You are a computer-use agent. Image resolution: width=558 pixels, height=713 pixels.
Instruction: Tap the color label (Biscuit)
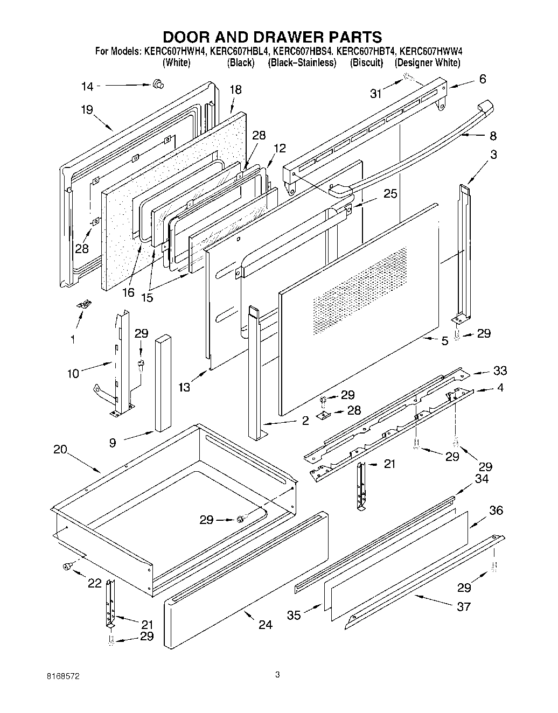[366, 63]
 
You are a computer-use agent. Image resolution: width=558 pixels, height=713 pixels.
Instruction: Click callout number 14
[87, 87]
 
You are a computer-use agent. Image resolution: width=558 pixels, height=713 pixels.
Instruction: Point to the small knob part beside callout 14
[158, 83]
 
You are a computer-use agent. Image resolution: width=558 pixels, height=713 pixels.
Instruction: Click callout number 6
[482, 79]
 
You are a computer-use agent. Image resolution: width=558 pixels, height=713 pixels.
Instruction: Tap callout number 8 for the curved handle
[493, 136]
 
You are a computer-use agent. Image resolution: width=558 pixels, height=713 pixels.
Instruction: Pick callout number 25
[390, 193]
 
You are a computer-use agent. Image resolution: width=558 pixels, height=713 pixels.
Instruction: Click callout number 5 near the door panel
[445, 341]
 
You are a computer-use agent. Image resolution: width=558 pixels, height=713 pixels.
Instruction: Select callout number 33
[500, 371]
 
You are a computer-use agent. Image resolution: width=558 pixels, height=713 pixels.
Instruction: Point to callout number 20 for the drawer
[60, 449]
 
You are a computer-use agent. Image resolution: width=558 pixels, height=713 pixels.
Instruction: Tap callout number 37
[463, 606]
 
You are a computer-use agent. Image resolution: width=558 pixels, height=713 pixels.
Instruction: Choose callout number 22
[94, 584]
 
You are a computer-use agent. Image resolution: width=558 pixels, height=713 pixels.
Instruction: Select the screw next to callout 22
[68, 565]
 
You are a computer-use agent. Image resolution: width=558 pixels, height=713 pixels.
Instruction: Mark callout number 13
[184, 387]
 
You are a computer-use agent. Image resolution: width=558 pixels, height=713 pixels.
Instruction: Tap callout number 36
[496, 511]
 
